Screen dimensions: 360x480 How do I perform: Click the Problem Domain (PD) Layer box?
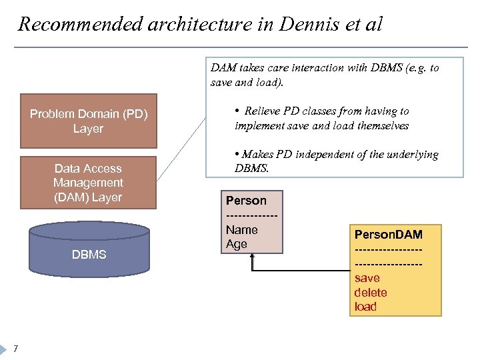point(88,121)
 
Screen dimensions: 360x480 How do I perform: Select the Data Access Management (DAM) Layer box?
point(88,183)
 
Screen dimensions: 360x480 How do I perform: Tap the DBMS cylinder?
point(89,254)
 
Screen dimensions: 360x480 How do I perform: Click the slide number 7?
point(15,349)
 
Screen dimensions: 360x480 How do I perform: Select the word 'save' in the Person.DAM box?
point(367,278)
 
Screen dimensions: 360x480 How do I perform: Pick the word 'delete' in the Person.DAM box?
point(370,293)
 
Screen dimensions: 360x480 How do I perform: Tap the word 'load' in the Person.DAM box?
point(365,307)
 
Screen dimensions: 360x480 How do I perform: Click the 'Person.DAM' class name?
point(388,235)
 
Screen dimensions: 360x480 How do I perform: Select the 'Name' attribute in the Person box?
point(242,229)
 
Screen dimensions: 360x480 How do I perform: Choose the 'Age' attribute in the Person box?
point(237,244)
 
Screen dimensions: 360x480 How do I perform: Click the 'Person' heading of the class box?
point(246,201)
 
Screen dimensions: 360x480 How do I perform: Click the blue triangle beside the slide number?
point(5,349)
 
